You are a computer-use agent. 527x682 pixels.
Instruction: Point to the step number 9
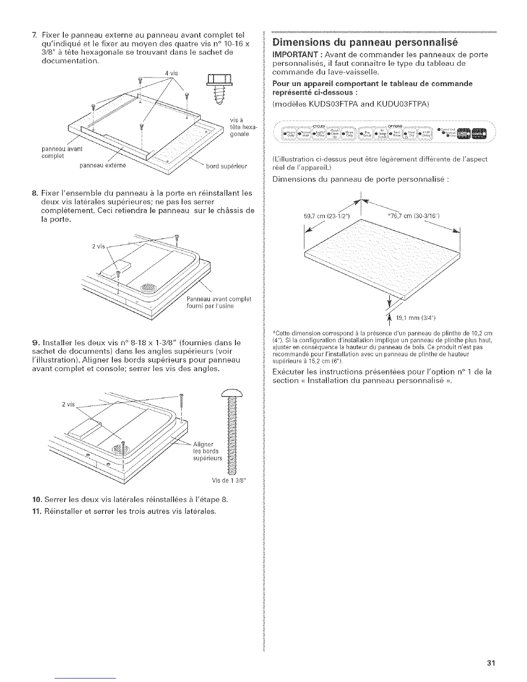[24, 343]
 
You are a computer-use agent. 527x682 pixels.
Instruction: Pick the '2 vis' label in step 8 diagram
[99, 246]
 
